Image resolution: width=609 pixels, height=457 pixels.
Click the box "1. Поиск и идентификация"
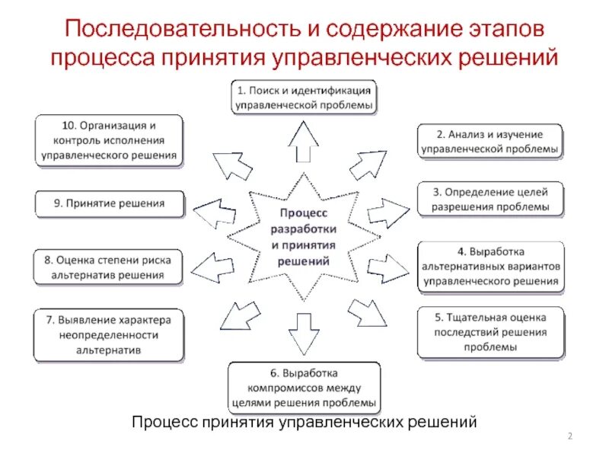pos(304,97)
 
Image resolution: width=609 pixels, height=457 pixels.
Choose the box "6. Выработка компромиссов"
pos(304,388)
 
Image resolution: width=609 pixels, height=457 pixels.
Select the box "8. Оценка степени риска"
pos(109,267)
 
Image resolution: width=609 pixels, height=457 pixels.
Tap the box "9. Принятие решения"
pos(109,204)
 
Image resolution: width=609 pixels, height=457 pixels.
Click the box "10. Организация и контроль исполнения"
pos(109,141)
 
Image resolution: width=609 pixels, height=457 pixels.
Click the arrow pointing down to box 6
pos(304,328)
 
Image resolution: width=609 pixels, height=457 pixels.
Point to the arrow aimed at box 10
pos(228,164)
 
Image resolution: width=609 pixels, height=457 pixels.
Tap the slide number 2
pos(570,435)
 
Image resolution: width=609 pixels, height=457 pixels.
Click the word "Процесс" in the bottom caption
pos(164,420)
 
